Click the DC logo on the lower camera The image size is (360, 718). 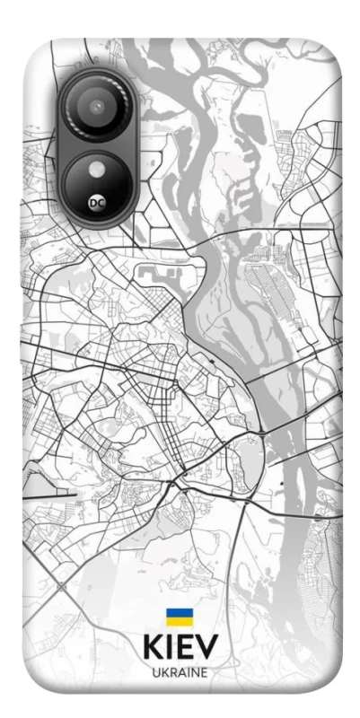coord(97,205)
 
